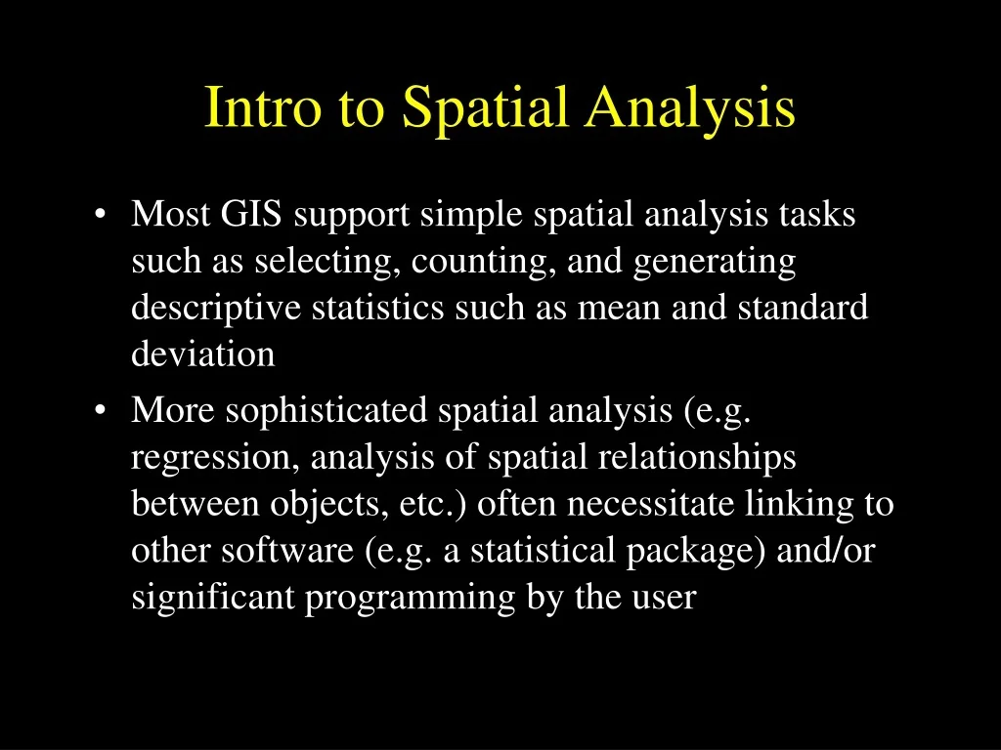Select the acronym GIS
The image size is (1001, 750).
(x=251, y=214)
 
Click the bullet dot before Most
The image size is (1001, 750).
(x=102, y=215)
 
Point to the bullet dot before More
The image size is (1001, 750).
(x=102, y=411)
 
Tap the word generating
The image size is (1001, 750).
(x=715, y=263)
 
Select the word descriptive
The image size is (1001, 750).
(x=217, y=309)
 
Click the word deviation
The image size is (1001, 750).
(x=203, y=354)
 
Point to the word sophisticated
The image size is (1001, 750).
(x=326, y=411)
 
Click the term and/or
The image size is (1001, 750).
(x=825, y=551)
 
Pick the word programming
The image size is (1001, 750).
(x=410, y=599)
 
